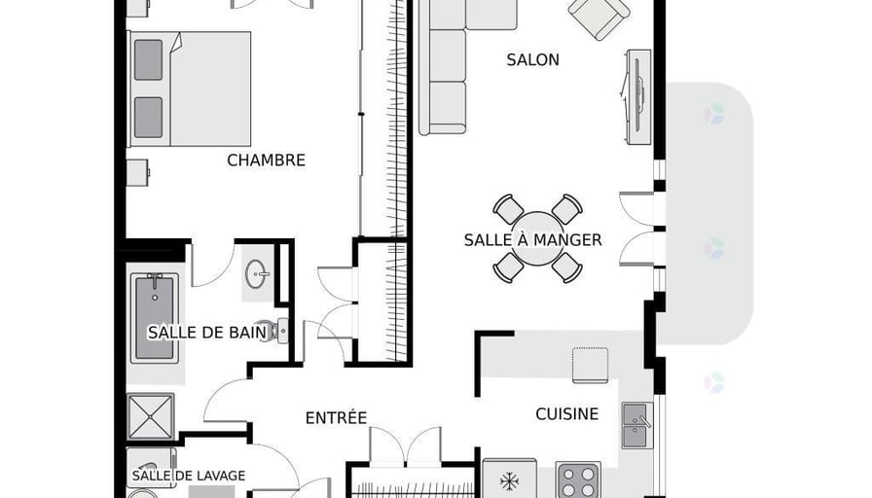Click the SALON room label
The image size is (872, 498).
pyautogui.click(x=532, y=60)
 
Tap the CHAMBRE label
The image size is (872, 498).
pyautogui.click(x=267, y=160)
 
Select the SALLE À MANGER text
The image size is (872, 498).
pyautogui.click(x=532, y=240)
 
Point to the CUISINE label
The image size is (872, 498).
pyautogui.click(x=567, y=414)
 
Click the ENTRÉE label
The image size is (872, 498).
pyautogui.click(x=336, y=418)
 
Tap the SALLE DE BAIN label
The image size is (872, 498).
pyautogui.click(x=207, y=333)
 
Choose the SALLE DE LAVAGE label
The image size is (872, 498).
pyautogui.click(x=189, y=476)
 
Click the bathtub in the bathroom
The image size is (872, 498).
pyautogui.click(x=155, y=318)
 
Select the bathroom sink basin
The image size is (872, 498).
pyautogui.click(x=257, y=274)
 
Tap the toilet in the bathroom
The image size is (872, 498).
pyautogui.click(x=278, y=332)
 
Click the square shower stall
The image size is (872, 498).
pyautogui.click(x=150, y=415)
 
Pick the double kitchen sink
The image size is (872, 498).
pyautogui.click(x=636, y=425)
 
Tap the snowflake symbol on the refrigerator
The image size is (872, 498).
pyautogui.click(x=509, y=481)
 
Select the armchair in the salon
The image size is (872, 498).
pyautogui.click(x=599, y=17)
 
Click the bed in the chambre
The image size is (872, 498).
pyautogui.click(x=189, y=89)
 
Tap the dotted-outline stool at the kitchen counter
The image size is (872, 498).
pyautogui.click(x=590, y=365)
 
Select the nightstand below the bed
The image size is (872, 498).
pyautogui.click(x=138, y=173)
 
